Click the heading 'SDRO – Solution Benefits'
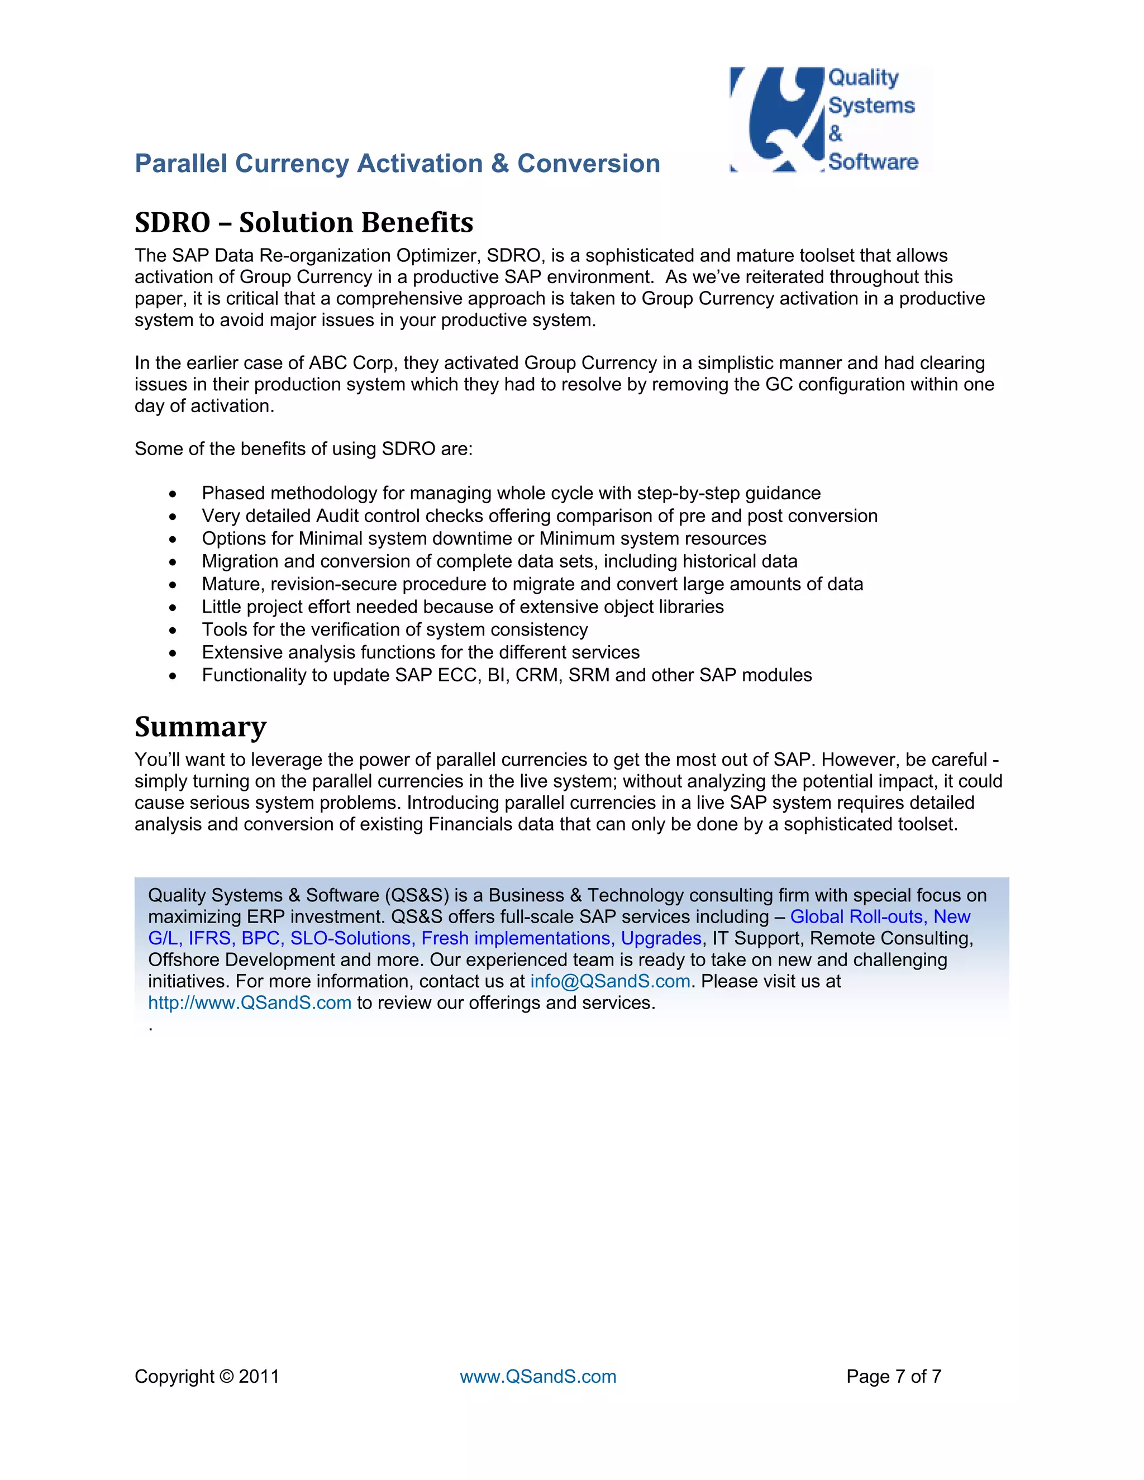(x=304, y=223)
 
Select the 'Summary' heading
(x=201, y=727)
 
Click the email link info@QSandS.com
(x=610, y=981)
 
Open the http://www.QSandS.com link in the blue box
(x=249, y=1003)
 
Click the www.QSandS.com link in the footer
(x=538, y=1376)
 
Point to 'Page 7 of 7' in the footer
(x=893, y=1376)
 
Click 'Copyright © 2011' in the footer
(x=207, y=1376)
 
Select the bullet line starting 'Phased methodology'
(x=511, y=493)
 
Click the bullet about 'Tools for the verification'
(x=394, y=629)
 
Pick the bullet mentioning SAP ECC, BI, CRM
(x=506, y=675)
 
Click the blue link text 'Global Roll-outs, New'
(x=880, y=917)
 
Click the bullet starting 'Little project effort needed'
(x=462, y=607)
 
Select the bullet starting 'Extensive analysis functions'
(x=420, y=652)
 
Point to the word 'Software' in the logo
(x=873, y=162)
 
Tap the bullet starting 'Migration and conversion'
(x=499, y=562)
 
